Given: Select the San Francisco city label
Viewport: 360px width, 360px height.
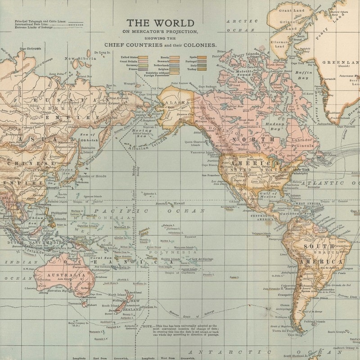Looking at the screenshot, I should tap(210, 174).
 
